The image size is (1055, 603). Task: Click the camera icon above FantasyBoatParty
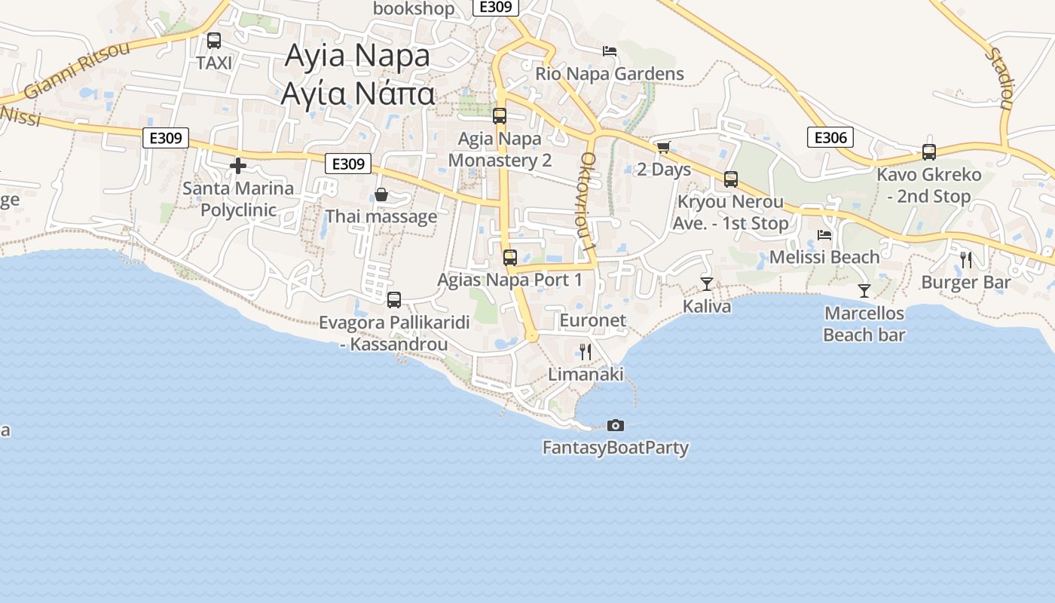pos(616,426)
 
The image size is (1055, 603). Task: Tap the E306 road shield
pos(830,137)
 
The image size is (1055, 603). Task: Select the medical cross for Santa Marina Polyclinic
pos(238,166)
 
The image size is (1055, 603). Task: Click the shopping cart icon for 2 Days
pos(663,147)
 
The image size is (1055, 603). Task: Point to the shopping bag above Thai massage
pos(381,195)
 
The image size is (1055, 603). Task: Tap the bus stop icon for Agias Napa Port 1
pos(510,258)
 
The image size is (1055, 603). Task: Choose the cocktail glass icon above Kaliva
pos(706,283)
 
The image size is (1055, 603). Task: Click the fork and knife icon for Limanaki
pos(586,351)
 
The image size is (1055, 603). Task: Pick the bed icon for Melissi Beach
pos(824,235)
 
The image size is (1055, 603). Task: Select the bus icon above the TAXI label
pos(214,41)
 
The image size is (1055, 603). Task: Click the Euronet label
pos(592,320)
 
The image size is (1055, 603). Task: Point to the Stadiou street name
pos(999,78)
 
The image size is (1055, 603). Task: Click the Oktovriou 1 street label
pos(589,202)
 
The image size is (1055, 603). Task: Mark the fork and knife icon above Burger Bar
pos(966,260)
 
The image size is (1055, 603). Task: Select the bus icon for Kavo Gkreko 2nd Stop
pos(929,152)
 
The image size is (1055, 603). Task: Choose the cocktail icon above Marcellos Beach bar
pos(864,290)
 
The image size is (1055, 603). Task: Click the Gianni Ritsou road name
pos(78,69)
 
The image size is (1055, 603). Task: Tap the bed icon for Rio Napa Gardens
pos(610,51)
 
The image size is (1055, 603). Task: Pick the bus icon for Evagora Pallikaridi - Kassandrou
pos(393,300)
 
